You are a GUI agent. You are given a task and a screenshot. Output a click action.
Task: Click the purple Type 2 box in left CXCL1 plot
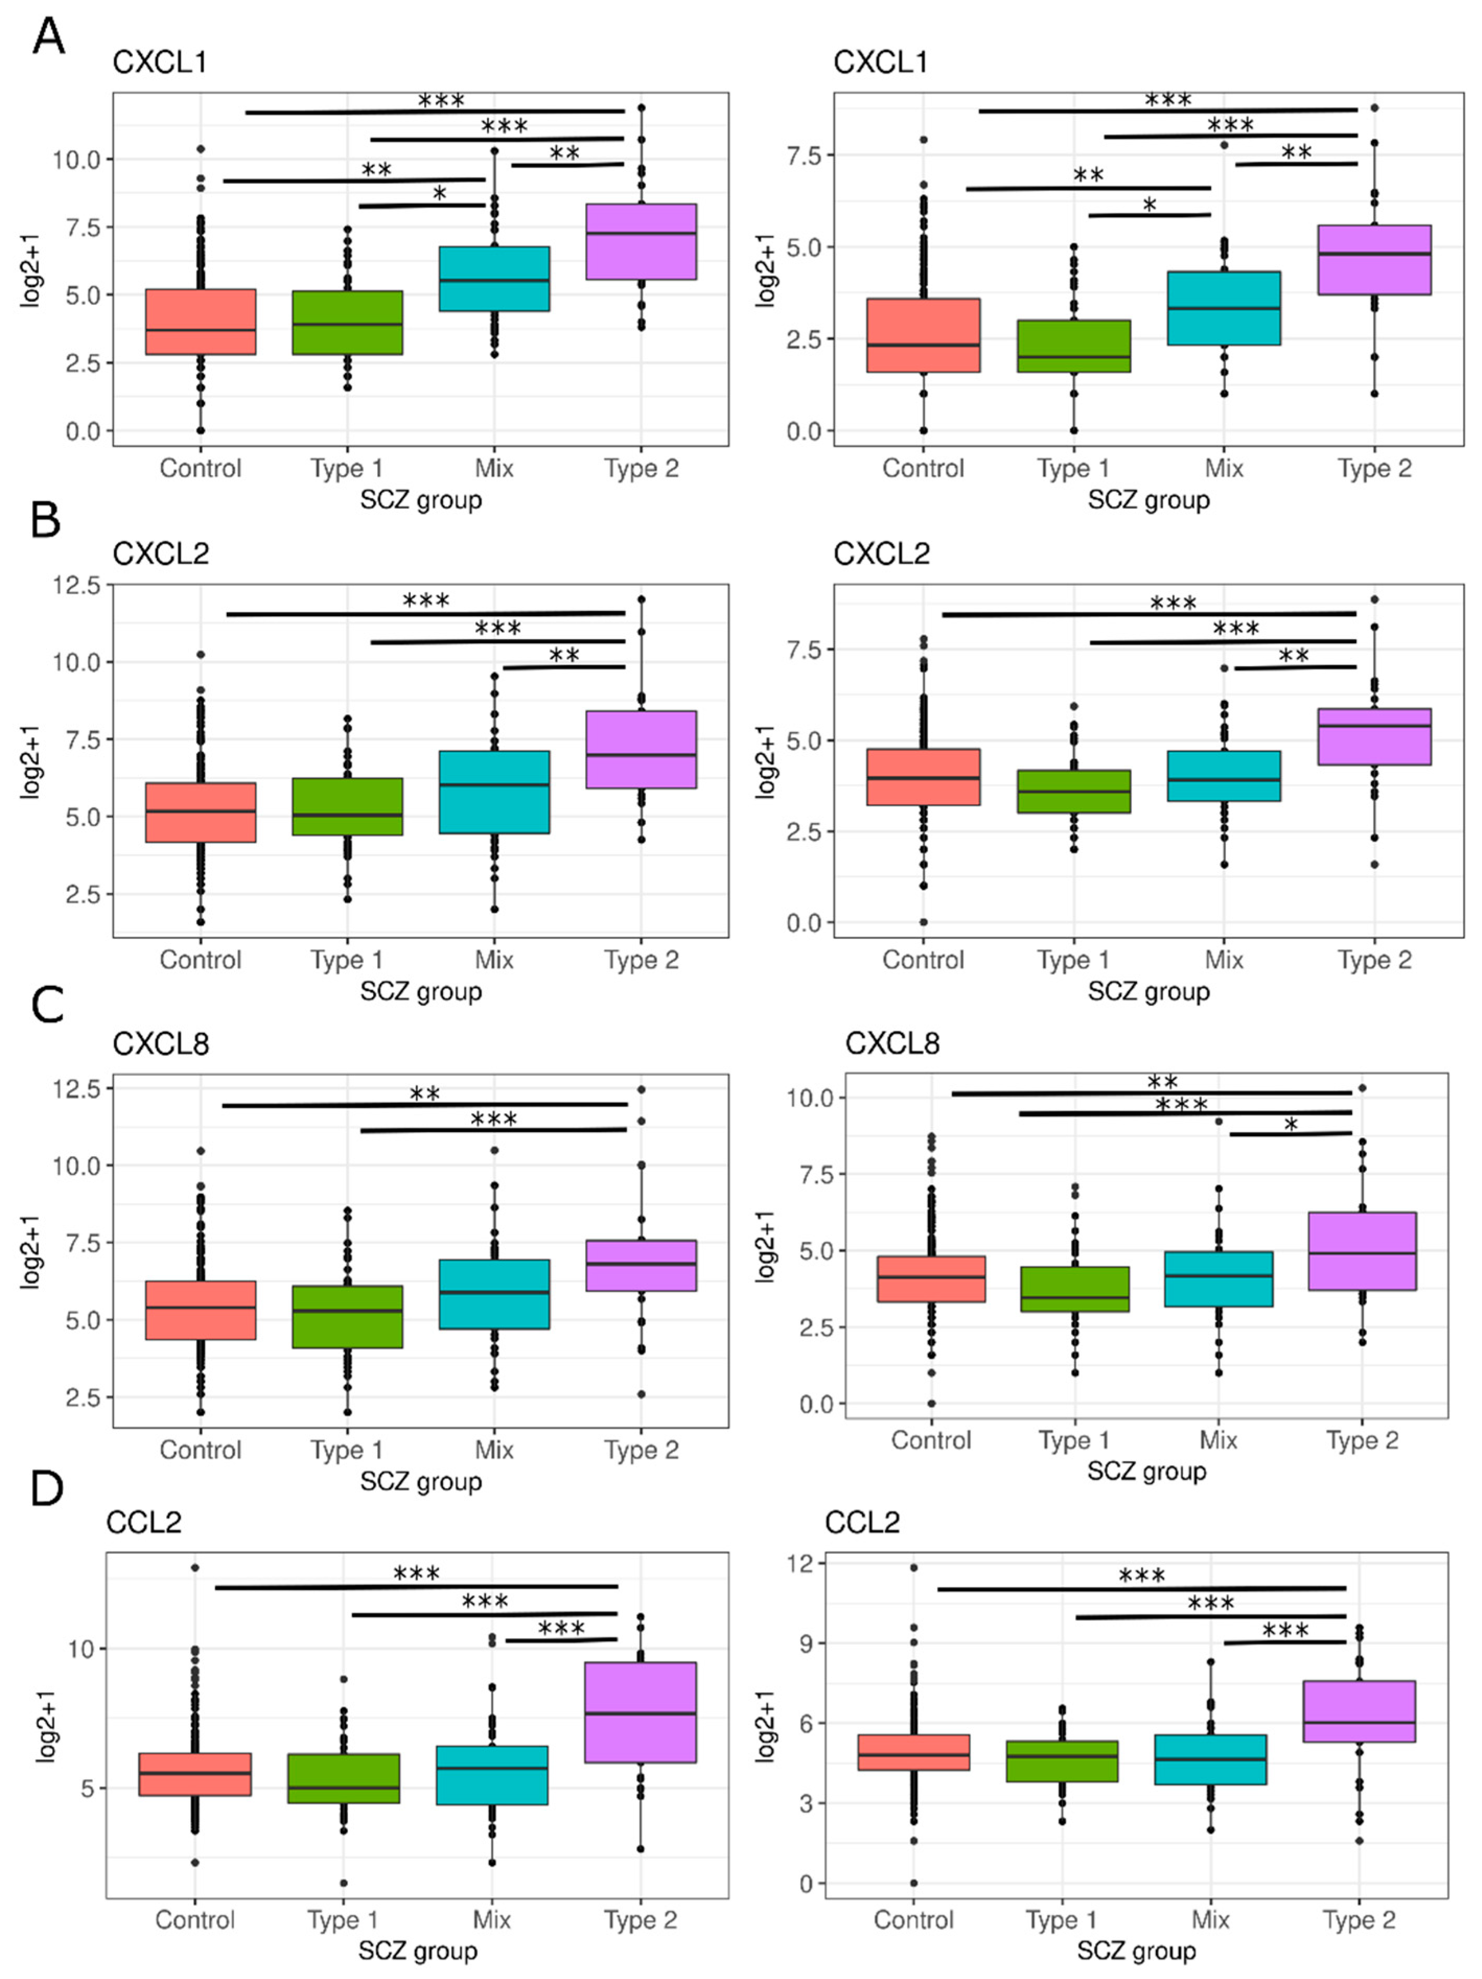coord(641,242)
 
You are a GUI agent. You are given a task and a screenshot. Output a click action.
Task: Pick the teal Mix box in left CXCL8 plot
coord(494,1294)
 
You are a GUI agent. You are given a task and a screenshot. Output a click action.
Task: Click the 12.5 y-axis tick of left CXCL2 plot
coord(77,585)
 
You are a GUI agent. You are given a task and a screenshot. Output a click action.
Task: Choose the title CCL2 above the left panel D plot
coord(143,1522)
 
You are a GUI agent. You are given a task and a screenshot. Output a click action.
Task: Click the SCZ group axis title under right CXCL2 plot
coord(1148,991)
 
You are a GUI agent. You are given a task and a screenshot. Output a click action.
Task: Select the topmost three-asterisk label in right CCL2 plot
coord(1141,1575)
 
